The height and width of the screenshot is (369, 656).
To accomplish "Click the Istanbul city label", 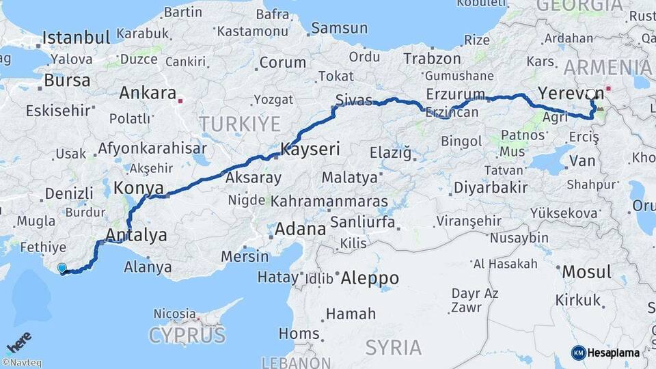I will pos(76,38).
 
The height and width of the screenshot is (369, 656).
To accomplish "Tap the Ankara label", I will pos(148,93).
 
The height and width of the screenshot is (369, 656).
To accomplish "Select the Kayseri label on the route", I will pos(310,148).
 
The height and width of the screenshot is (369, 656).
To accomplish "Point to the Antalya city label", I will pos(137,236).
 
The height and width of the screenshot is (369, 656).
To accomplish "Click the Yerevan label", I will pos(570,92).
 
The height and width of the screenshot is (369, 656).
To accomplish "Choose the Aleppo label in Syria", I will pos(369,278).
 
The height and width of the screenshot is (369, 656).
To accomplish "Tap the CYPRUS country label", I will pos(187,336).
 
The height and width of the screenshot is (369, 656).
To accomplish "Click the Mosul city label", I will pos(586,272).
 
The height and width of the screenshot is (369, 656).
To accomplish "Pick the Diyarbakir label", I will pos(491,187).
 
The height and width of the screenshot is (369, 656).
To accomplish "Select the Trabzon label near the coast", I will pos(432,59).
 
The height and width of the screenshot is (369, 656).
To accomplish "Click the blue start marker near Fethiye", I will pos(63,269).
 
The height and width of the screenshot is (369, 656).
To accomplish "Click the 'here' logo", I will pos(18,342).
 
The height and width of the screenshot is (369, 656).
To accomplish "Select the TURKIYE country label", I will pos(239,124).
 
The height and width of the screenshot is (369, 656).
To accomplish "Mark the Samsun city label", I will pos(339,28).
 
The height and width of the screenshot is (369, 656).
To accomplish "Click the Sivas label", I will pos(354,100).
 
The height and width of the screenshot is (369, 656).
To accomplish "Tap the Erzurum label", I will pos(454,94).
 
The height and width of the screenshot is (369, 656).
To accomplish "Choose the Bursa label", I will pos(66,81).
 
